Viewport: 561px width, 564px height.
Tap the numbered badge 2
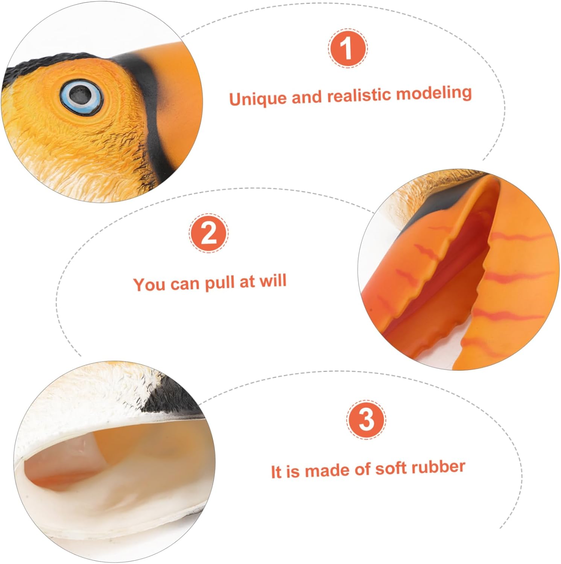pyautogui.click(x=208, y=233)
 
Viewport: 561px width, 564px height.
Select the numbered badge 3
pyautogui.click(x=366, y=420)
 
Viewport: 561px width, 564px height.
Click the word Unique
pyautogui.click(x=258, y=99)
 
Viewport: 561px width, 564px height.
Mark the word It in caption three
pyautogui.click(x=276, y=472)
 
